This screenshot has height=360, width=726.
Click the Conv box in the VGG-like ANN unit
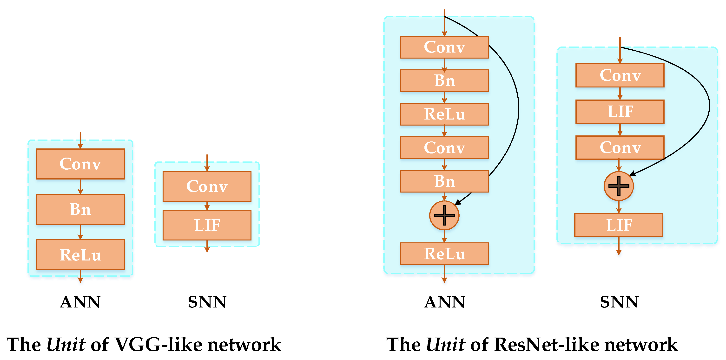click(x=80, y=164)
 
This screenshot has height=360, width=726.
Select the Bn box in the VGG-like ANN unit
click(x=80, y=209)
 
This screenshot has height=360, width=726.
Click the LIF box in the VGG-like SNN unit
click(x=207, y=225)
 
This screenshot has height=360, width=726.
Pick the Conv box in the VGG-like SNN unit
click(x=207, y=186)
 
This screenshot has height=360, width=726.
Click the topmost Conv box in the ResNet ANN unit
click(x=444, y=47)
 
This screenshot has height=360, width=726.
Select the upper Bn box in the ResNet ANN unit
click(x=444, y=81)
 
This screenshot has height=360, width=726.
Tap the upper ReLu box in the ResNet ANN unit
click(x=444, y=114)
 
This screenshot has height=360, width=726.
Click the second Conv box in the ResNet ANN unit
click(x=444, y=148)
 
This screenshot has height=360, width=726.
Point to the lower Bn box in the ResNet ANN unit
click(x=444, y=181)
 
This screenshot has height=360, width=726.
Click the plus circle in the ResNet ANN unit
click(x=444, y=215)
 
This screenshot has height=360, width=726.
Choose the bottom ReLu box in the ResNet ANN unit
click(x=444, y=254)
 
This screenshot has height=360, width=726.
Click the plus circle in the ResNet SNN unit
click(x=619, y=186)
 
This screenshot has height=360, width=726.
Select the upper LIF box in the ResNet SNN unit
click(x=620, y=112)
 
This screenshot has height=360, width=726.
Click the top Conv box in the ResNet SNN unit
click(x=620, y=75)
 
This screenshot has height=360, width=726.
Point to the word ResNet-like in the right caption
click(x=546, y=345)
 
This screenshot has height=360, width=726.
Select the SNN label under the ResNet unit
click(x=619, y=302)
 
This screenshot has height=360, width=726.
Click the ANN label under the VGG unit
click(x=80, y=302)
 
